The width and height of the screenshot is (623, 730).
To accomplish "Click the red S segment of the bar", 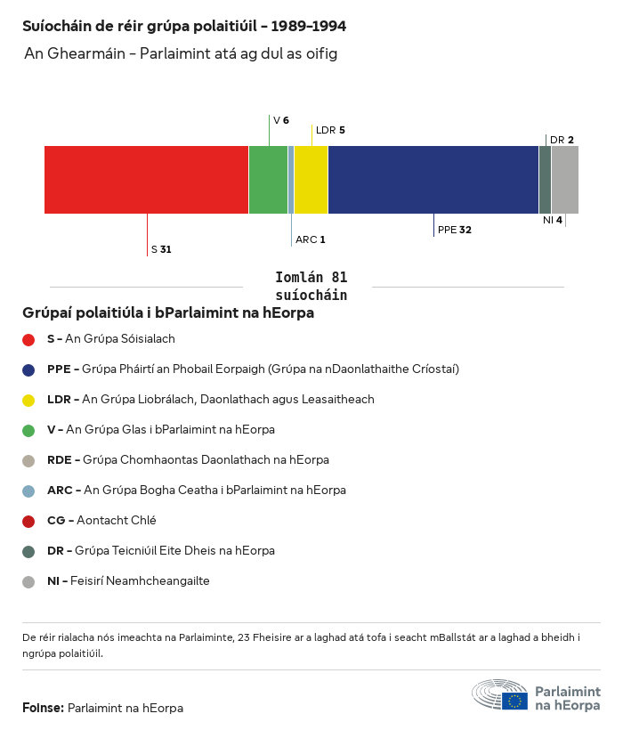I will [146, 180].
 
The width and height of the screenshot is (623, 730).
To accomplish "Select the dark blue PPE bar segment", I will [433, 180].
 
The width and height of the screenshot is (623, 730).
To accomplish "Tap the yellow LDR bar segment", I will [311, 180].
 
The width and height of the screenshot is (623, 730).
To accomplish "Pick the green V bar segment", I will [268, 180].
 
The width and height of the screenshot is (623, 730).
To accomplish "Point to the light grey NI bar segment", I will [565, 180].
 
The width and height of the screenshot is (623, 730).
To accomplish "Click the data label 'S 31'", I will [160, 249].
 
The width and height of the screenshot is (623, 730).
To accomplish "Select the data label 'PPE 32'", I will [454, 230].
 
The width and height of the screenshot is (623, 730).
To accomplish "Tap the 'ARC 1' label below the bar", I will [310, 239].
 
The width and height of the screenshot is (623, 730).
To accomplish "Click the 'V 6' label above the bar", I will [280, 120].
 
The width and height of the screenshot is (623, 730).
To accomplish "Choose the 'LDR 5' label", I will [330, 130].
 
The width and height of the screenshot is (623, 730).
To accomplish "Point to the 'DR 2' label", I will [562, 140].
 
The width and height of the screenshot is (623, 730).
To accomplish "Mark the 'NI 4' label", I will [553, 220].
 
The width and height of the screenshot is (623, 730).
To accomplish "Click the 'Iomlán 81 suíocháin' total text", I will [311, 286].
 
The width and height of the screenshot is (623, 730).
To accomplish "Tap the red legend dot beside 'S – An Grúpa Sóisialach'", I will [28, 339].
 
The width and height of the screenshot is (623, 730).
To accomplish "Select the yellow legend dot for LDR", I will [28, 400].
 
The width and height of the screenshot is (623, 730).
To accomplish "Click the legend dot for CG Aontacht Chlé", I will [28, 521].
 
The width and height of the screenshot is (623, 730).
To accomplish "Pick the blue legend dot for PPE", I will [28, 369].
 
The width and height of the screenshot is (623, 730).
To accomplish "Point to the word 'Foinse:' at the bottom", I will [43, 708].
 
